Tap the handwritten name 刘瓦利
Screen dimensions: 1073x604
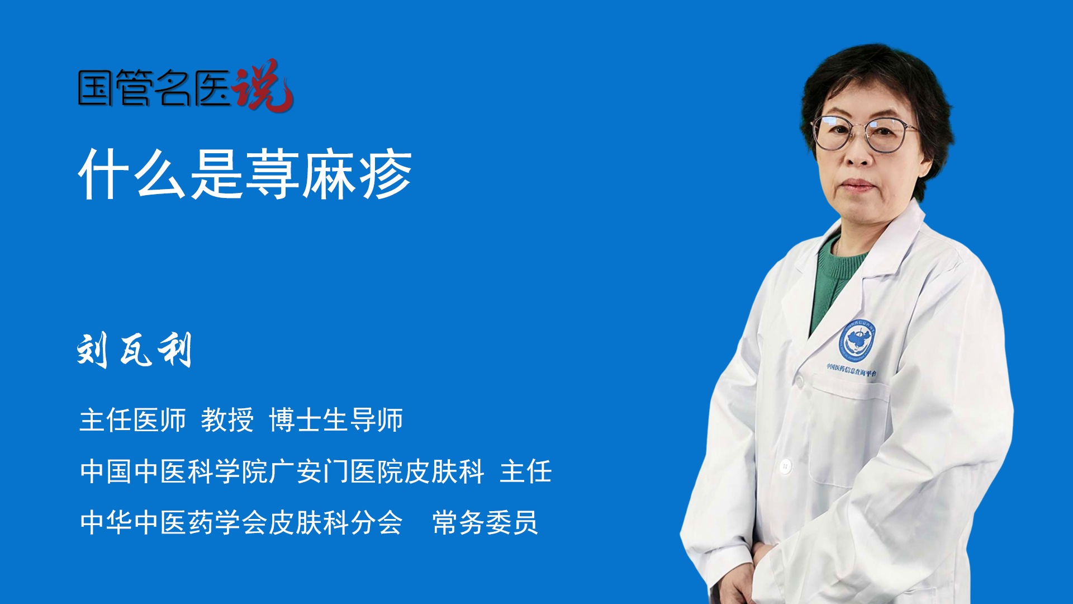(x=135, y=350)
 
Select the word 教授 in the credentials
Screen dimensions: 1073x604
(x=227, y=419)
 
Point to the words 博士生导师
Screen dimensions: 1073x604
(x=336, y=419)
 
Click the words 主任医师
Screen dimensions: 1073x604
(x=132, y=419)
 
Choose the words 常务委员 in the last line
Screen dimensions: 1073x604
(x=485, y=522)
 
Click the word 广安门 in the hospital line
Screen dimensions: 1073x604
(x=308, y=471)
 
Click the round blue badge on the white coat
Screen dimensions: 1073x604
(x=856, y=339)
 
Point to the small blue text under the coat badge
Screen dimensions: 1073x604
(x=852, y=370)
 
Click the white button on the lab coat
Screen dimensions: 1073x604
(x=785, y=465)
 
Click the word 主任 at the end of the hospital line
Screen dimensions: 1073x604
(x=526, y=471)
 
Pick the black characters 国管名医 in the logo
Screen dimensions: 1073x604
(x=154, y=88)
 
